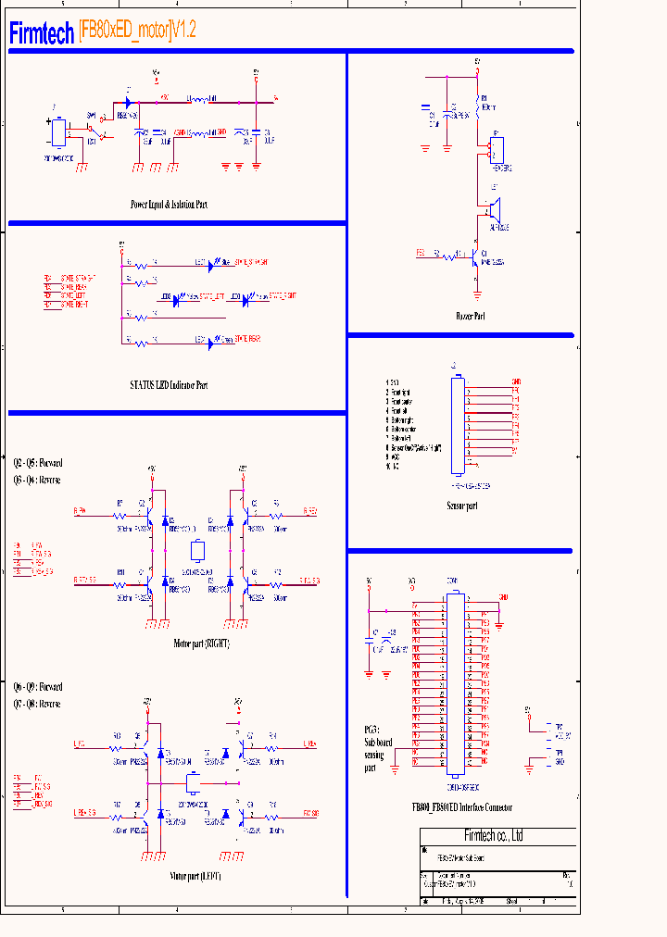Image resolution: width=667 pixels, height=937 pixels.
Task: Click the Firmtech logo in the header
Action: coord(42,34)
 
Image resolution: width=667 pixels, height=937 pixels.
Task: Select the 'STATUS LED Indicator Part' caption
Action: coord(169,383)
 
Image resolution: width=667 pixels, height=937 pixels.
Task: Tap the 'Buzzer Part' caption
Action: coord(471,317)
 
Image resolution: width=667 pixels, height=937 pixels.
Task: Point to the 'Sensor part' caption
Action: coord(462,506)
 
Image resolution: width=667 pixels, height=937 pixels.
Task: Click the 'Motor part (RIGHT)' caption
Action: coord(201,643)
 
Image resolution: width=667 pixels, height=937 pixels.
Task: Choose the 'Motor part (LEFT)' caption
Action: coord(195,875)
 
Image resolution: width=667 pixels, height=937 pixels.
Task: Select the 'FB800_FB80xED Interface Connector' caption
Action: coord(462,807)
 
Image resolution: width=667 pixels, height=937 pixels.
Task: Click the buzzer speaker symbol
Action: coord(495,206)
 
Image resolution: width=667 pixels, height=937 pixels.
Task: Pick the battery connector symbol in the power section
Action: coord(58,131)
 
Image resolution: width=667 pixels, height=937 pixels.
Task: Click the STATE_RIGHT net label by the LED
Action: coord(276,297)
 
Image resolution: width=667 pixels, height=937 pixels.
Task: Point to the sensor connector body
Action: coord(458,425)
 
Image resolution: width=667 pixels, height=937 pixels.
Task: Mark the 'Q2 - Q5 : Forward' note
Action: coord(38,462)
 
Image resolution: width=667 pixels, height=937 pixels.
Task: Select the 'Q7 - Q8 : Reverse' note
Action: coord(37,704)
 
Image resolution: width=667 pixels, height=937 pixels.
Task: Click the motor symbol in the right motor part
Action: coord(196,551)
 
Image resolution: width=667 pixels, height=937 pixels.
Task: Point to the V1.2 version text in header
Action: coord(184,31)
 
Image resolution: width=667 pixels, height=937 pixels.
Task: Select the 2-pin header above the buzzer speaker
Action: coord(497,150)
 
